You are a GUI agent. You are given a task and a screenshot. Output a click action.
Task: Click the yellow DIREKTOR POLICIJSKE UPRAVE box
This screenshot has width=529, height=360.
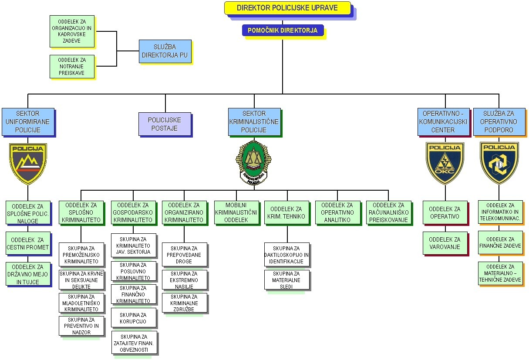pos(287,8)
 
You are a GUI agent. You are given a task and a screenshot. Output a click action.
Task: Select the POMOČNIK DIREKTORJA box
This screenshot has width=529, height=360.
pos(283,30)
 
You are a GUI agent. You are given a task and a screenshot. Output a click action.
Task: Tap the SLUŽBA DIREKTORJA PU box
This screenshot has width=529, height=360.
pos(165,51)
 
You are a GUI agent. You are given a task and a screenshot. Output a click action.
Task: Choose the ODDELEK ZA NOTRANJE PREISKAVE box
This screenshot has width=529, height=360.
pos(72,67)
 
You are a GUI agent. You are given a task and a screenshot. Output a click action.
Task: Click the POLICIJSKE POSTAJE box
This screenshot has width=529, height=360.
pos(165,124)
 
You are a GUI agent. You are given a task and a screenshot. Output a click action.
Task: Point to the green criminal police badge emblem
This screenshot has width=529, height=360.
pos(254,162)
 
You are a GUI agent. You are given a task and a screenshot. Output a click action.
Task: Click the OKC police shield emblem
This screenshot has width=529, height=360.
pos(445,163)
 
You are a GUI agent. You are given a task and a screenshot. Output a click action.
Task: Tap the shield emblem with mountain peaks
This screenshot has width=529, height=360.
pos(28,163)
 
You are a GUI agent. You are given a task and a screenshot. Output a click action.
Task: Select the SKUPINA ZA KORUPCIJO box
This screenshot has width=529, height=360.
pos(133,318)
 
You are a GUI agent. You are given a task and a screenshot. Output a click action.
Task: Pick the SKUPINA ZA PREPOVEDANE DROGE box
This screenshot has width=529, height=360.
pos(185,255)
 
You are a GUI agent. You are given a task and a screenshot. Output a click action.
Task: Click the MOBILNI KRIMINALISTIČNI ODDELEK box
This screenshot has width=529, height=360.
pos(236,212)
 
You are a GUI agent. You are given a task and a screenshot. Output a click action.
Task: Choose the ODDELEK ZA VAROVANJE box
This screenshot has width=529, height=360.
pos(445,243)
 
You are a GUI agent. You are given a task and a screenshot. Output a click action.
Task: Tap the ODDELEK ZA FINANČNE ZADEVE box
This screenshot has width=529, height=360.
pos(500,242)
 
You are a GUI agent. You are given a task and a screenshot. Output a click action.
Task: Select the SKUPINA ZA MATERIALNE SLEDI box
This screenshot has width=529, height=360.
pos(286,280)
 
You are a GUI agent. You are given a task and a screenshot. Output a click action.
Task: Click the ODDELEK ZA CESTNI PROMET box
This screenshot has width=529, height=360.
pos(28,243)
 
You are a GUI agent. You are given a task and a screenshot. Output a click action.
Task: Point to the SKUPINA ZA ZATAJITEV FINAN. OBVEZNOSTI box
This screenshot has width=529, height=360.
pos(134,343)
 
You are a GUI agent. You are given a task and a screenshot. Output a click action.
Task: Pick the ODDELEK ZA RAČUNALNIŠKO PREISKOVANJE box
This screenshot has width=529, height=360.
pos(388,212)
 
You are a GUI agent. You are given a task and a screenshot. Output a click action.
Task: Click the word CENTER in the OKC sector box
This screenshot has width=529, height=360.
pos(443,130)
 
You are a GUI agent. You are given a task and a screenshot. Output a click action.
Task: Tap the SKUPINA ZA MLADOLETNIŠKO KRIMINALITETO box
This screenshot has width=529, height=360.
pos(81,303)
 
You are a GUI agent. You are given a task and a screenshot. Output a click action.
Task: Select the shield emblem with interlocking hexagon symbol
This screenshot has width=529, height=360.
pos(499,163)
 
